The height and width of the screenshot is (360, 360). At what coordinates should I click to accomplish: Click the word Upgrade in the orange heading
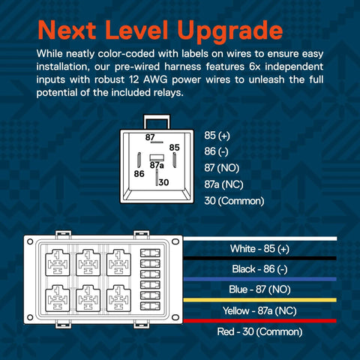[x=230, y=31]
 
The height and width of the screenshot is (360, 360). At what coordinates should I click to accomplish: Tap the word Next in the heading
[x=67, y=30]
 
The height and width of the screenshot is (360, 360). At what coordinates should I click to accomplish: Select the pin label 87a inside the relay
[x=157, y=165]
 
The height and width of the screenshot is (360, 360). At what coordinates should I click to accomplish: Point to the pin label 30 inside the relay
[x=163, y=182]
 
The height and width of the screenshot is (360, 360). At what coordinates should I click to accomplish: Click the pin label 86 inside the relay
[x=139, y=174]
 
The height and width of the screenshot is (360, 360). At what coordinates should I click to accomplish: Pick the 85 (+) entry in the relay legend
[x=217, y=136]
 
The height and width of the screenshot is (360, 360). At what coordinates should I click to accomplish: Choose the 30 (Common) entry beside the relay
[x=234, y=201]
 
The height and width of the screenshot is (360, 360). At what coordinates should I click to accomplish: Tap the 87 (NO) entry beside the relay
[x=222, y=168]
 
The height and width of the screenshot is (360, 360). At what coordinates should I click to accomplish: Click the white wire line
[x=260, y=238]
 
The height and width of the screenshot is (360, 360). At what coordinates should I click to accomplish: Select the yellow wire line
[x=260, y=300]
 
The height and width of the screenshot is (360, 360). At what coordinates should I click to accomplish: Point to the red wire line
[x=260, y=321]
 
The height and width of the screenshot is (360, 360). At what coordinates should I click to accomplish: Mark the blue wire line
[x=260, y=279]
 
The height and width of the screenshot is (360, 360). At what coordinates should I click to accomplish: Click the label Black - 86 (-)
[x=259, y=269]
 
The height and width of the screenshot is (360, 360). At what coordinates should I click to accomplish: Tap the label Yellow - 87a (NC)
[x=259, y=310]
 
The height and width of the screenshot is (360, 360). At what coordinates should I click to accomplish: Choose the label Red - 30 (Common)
[x=259, y=331]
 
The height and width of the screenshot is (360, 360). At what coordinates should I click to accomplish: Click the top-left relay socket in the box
[x=58, y=262]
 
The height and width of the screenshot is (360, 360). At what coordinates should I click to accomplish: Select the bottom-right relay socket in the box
[x=118, y=298]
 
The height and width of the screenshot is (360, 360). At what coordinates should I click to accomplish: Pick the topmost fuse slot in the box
[x=150, y=253]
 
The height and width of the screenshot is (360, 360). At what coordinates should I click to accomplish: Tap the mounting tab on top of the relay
[x=157, y=122]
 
